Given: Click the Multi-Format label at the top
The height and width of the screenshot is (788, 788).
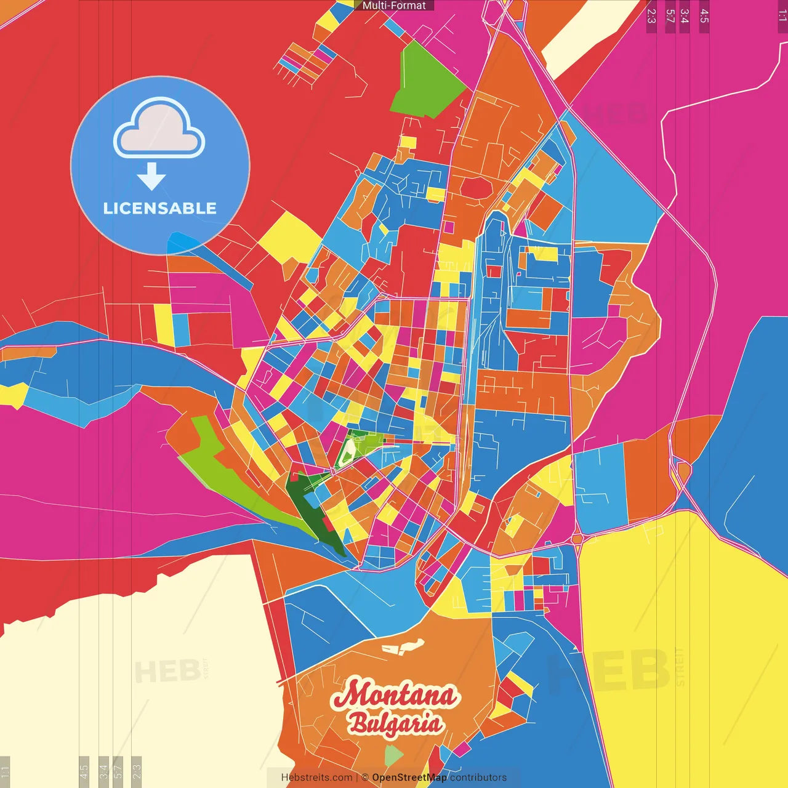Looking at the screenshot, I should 394,6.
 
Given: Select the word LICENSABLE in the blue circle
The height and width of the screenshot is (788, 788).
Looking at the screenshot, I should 159,208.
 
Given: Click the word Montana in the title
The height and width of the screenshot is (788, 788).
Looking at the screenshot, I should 395,695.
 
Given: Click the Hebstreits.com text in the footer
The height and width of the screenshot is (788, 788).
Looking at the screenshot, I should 316,778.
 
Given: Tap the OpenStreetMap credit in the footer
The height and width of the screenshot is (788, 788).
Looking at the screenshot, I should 409,778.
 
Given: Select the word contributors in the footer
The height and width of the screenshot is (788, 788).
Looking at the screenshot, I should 478,778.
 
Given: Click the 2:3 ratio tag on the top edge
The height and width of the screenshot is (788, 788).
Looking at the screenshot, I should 651,16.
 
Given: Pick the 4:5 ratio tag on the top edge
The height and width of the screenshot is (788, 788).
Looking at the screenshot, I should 704,16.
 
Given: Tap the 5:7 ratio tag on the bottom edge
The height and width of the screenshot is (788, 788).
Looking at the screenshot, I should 118,771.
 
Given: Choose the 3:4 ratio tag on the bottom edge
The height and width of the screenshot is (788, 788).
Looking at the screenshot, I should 103,771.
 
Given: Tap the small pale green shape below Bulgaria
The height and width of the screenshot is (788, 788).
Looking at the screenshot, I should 393,755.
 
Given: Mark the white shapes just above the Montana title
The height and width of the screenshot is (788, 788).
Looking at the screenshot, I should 403,646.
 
